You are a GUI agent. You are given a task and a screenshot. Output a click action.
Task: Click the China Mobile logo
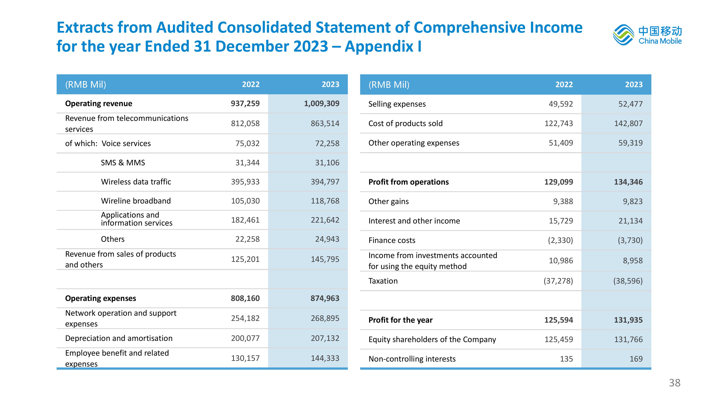(x=647, y=35)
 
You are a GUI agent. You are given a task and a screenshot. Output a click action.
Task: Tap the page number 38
(x=674, y=383)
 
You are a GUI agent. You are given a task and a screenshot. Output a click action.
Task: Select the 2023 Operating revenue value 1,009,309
(x=322, y=103)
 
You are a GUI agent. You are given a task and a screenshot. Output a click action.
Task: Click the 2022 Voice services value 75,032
(x=247, y=143)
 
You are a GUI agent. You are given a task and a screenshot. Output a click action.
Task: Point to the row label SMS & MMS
(x=123, y=163)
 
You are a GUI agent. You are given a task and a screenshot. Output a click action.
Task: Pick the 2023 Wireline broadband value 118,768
(x=325, y=201)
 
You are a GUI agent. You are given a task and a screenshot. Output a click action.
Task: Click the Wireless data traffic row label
(x=136, y=182)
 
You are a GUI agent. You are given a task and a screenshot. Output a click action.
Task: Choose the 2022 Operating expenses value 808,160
(x=245, y=298)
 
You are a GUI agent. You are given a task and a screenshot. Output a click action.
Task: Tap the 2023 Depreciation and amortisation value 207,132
(x=325, y=338)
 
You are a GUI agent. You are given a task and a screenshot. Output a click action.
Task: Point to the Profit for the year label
(x=400, y=320)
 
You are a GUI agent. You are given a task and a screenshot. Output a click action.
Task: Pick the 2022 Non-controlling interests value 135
(x=566, y=359)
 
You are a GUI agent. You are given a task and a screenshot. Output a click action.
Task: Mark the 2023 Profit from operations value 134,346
(x=628, y=182)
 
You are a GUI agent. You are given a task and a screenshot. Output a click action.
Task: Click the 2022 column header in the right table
(x=564, y=84)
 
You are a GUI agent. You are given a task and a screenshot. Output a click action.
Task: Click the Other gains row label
(x=389, y=201)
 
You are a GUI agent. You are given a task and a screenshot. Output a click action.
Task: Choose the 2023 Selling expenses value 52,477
(x=631, y=104)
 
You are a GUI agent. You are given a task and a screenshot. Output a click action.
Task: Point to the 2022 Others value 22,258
(x=247, y=239)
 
